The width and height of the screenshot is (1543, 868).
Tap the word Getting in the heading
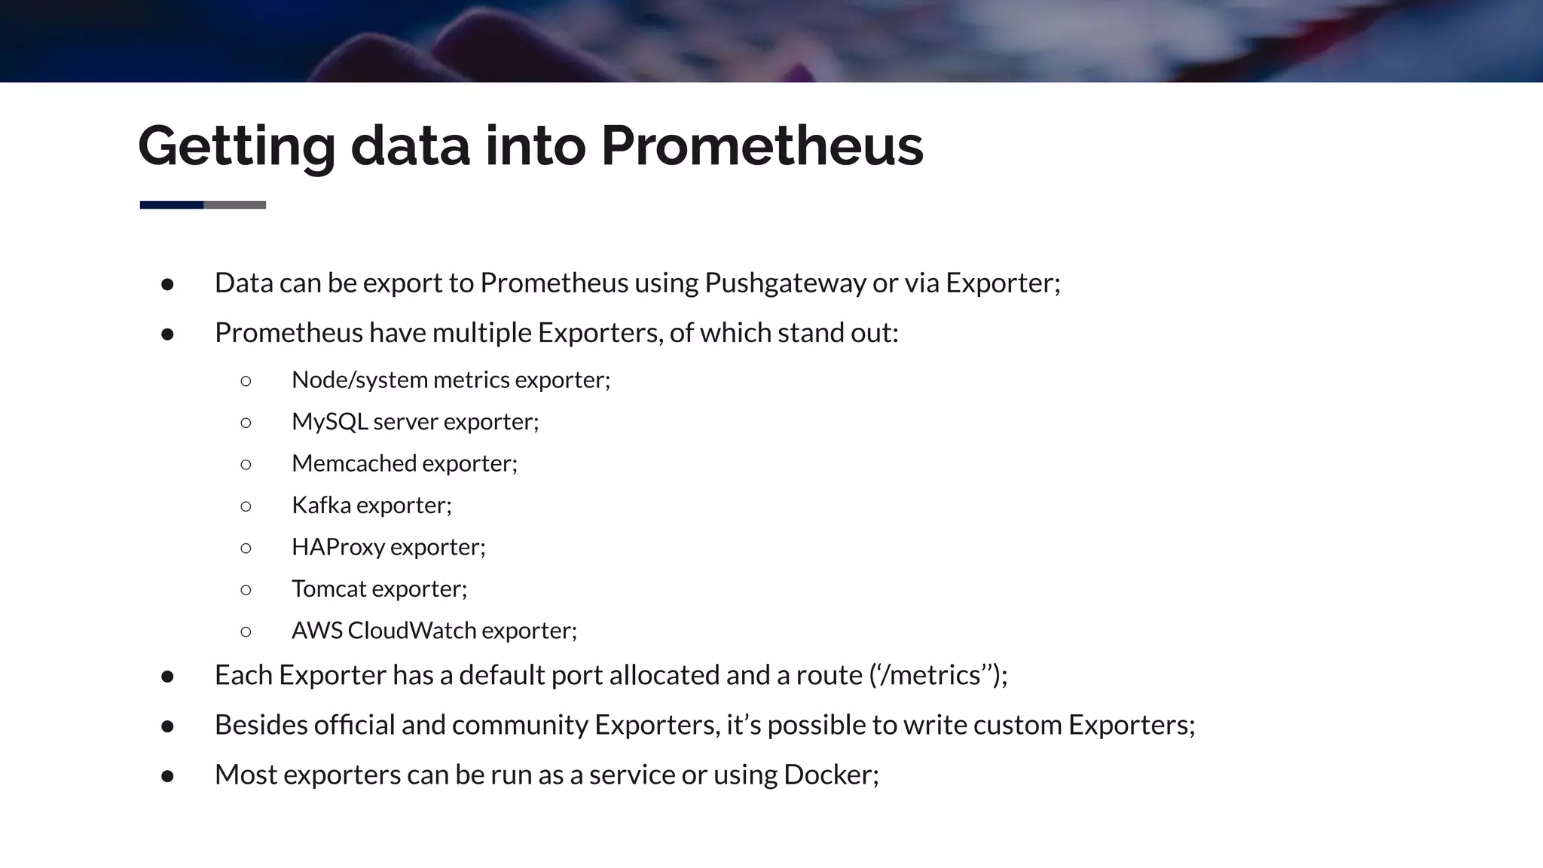click(237, 147)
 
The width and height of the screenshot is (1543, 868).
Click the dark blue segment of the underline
click(172, 205)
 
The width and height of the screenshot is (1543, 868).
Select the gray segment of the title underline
click(235, 205)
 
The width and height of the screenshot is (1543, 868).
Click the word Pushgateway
click(785, 283)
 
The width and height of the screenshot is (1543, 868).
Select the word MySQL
click(329, 422)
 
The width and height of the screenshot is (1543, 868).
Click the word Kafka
click(321, 505)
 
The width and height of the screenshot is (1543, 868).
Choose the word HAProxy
click(338, 547)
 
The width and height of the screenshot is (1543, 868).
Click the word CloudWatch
click(411, 631)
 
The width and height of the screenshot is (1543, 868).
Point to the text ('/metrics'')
click(938, 675)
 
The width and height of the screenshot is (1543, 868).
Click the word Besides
click(261, 725)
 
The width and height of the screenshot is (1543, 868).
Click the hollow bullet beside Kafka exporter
click(246, 506)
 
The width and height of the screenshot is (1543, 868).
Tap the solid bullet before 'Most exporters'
click(168, 776)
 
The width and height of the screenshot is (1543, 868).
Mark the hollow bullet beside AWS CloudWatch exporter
click(246, 631)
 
